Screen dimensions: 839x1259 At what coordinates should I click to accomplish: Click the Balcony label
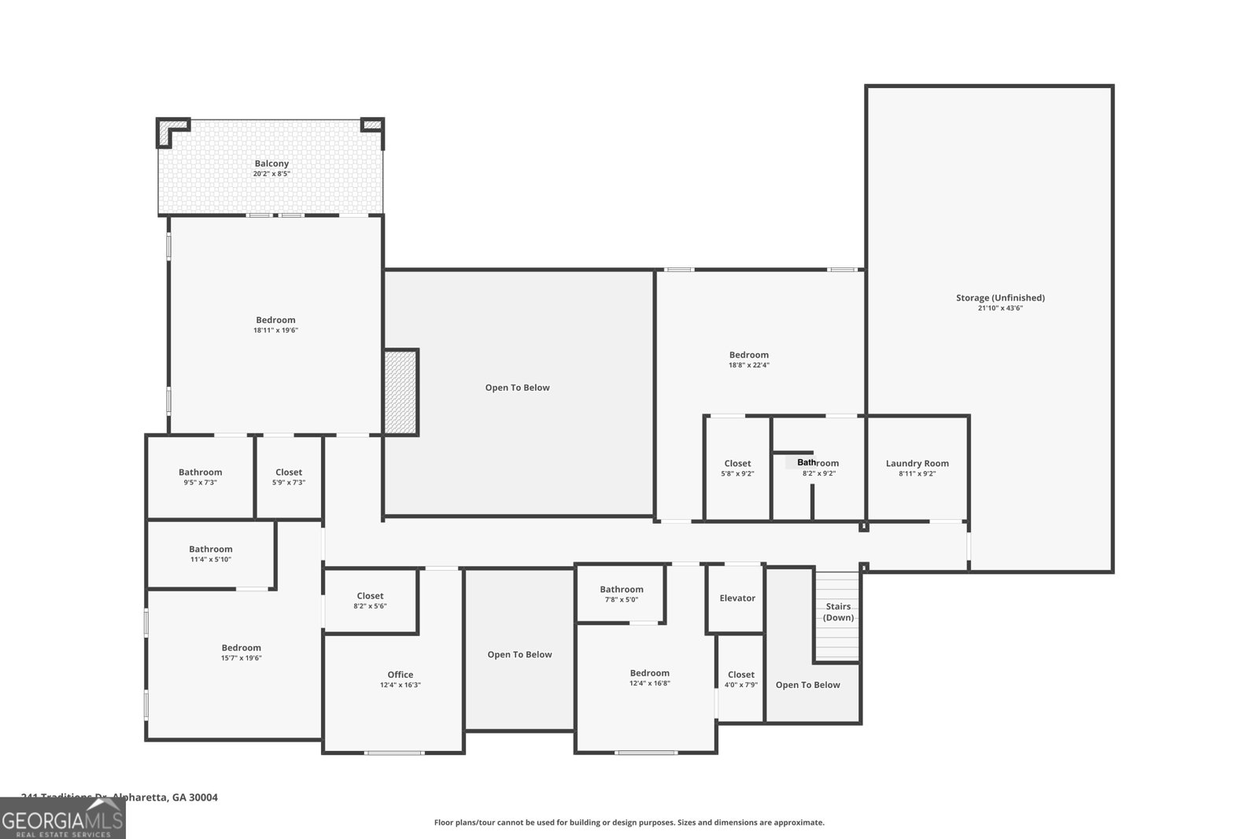pyautogui.click(x=271, y=164)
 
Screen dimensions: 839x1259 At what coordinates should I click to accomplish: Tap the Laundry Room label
pyautogui.click(x=917, y=463)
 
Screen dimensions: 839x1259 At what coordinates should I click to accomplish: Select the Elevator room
pyautogui.click(x=737, y=598)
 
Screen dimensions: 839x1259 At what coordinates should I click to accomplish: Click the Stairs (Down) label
pyautogui.click(x=838, y=612)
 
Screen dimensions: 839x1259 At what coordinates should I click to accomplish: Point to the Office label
pyautogui.click(x=400, y=675)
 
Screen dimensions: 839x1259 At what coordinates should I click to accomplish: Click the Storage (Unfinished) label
pyautogui.click(x=1000, y=297)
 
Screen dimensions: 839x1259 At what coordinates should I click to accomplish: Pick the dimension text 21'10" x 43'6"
pyautogui.click(x=1000, y=308)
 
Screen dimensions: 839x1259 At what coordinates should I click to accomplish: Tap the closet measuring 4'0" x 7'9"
pyautogui.click(x=740, y=679)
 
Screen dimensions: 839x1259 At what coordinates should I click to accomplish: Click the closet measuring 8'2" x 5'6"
pyautogui.click(x=370, y=601)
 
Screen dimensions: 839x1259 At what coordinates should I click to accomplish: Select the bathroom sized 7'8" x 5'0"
pyautogui.click(x=621, y=594)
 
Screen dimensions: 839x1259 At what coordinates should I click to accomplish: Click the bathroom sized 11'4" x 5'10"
pyautogui.click(x=210, y=554)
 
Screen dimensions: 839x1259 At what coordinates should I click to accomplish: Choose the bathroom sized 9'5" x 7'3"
pyautogui.click(x=200, y=477)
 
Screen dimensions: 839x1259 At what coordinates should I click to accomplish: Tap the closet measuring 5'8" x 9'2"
pyautogui.click(x=737, y=468)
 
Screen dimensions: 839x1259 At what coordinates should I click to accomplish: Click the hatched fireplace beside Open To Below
pyautogui.click(x=401, y=392)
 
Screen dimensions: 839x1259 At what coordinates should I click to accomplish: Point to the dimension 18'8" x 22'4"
pyautogui.click(x=748, y=365)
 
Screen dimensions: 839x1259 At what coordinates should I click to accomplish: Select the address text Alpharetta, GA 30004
pyautogui.click(x=165, y=797)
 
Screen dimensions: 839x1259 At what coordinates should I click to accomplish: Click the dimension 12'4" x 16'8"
pyautogui.click(x=649, y=683)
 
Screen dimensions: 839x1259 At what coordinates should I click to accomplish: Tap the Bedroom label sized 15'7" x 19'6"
pyautogui.click(x=241, y=648)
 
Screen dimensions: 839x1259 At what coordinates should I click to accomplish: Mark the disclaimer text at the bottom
pyautogui.click(x=629, y=822)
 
